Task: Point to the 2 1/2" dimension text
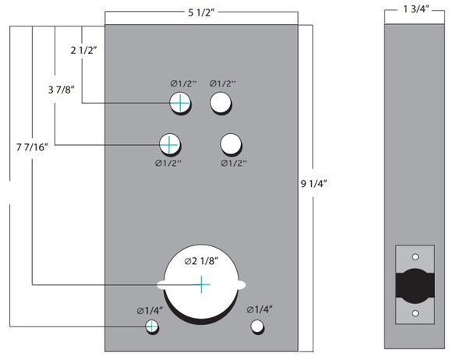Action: [x=83, y=51]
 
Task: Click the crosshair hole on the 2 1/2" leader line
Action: [x=180, y=102]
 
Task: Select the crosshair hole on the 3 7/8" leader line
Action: [x=169, y=143]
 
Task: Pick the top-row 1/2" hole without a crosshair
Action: [x=221, y=102]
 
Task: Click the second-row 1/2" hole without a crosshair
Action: [x=232, y=143]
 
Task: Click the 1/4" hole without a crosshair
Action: [x=256, y=326]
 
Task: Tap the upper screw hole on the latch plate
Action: [x=415, y=256]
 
